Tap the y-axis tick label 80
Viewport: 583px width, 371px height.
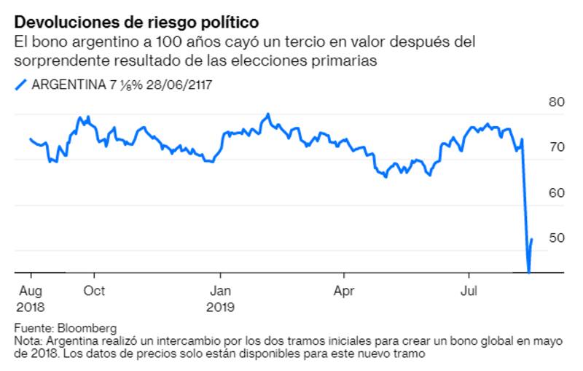[x=557, y=103]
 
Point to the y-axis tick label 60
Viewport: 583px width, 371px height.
[x=557, y=193]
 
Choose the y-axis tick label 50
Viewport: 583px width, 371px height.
[x=557, y=238]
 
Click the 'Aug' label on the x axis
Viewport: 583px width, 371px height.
[x=30, y=291]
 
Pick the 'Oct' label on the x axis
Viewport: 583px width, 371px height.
[x=94, y=291]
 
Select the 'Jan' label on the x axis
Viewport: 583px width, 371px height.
[x=219, y=291]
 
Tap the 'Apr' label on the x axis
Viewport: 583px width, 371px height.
[x=343, y=291]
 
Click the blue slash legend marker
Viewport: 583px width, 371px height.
[x=20, y=85]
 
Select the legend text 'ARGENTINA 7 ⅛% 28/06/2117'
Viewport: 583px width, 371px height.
[x=122, y=85]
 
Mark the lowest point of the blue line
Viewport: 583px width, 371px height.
[x=528, y=272]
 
